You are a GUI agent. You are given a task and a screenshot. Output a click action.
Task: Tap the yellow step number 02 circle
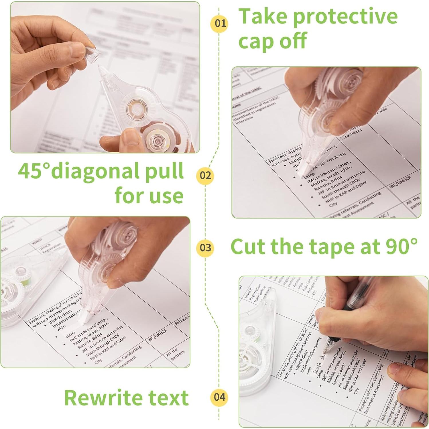205,175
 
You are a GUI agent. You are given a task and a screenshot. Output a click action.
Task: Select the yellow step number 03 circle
205,247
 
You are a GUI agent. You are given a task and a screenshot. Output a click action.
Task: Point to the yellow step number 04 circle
219,397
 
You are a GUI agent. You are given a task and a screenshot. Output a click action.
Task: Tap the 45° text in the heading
34,171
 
